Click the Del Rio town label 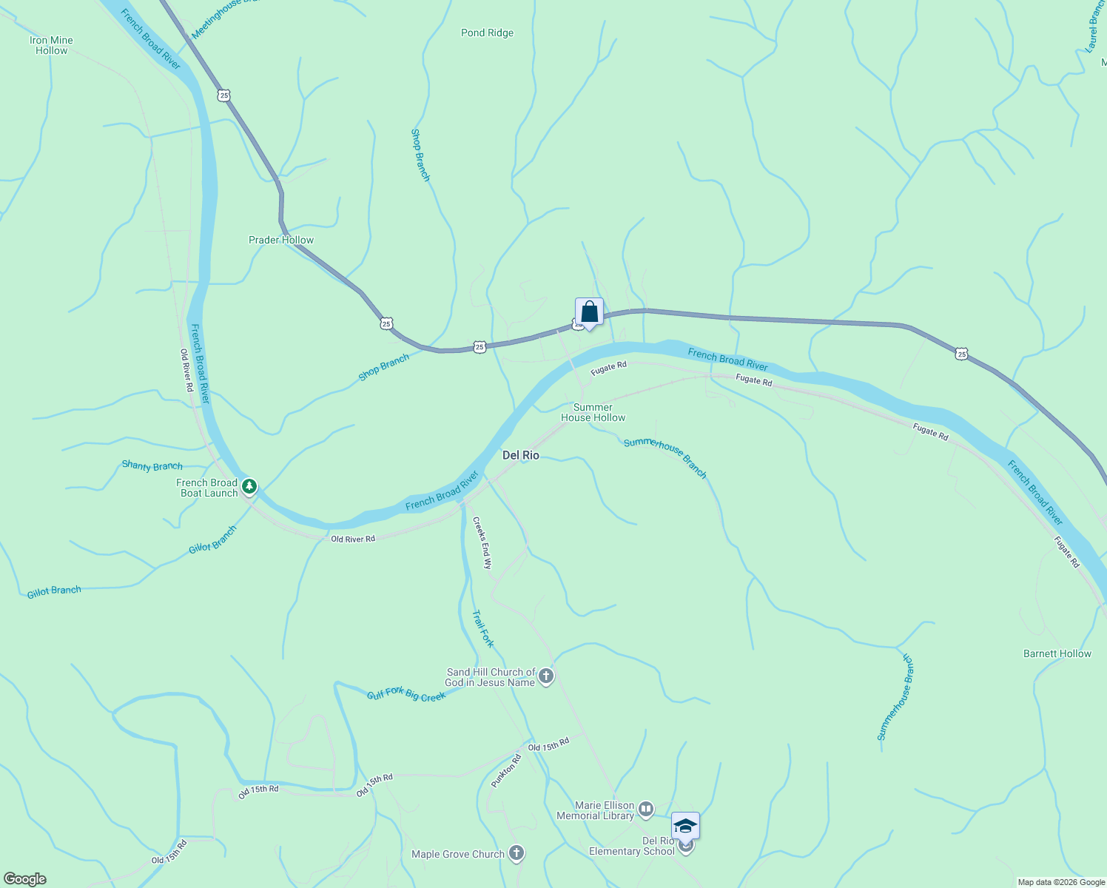point(521,455)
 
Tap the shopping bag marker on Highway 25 point(589,312)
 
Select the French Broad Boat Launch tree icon point(250,486)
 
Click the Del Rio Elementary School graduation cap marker point(685,826)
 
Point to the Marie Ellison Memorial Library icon point(646,810)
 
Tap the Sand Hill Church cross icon point(546,676)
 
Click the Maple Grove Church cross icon point(517,853)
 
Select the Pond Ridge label point(487,33)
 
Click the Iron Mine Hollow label point(52,45)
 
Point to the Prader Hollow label point(281,240)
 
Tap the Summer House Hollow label point(593,412)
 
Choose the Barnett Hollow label point(1057,653)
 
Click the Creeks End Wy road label point(482,542)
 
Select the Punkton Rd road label point(507,772)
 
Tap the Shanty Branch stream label point(152,465)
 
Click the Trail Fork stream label point(482,628)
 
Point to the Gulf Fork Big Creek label point(406,694)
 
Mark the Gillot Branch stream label point(54,591)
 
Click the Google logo point(24,878)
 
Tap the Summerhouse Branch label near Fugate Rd point(665,458)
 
